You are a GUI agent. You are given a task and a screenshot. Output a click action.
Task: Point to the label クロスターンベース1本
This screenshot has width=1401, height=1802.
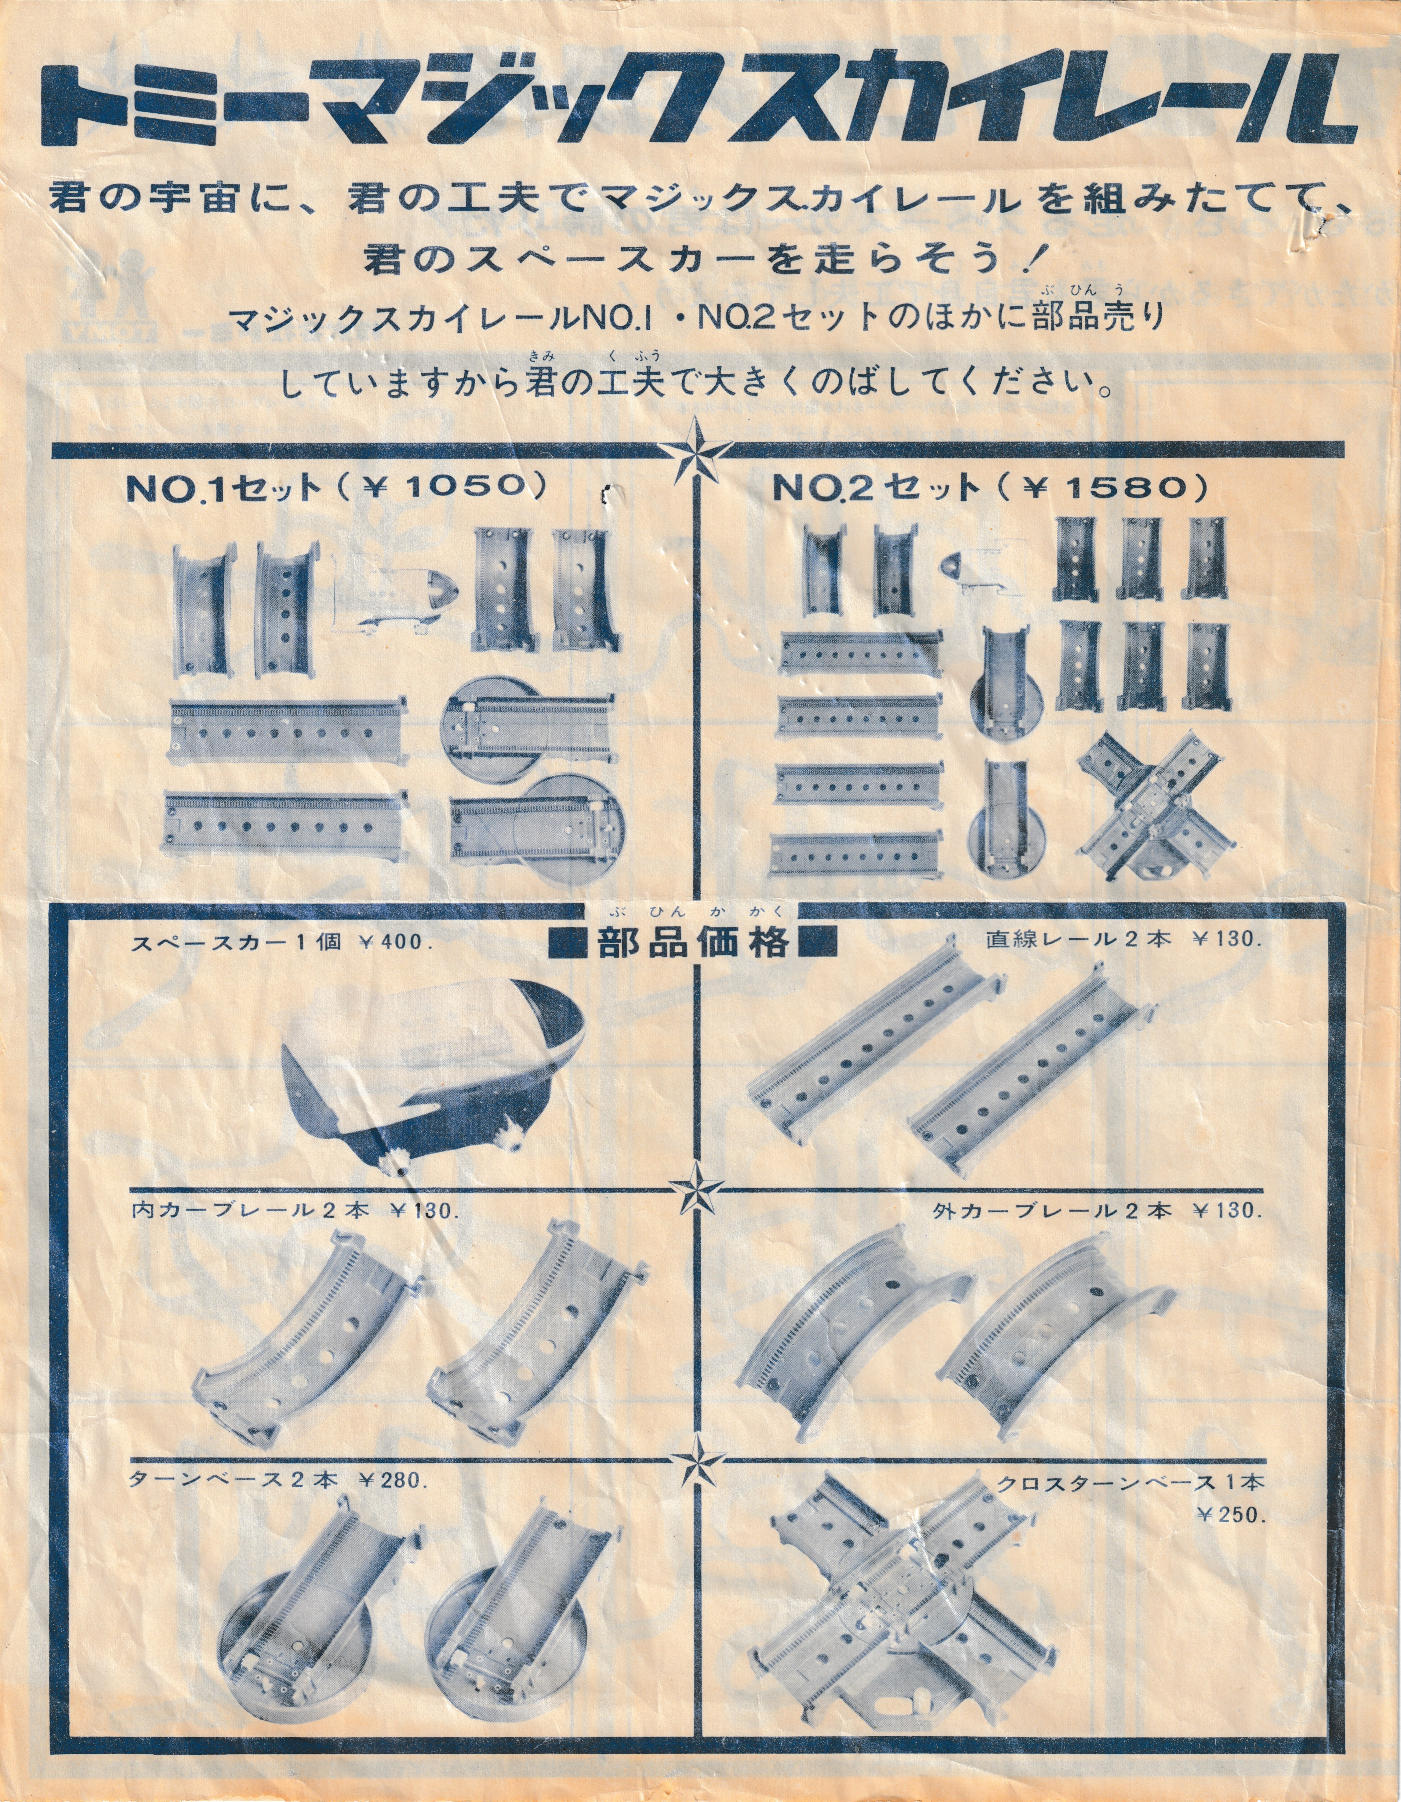click(1131, 1482)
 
